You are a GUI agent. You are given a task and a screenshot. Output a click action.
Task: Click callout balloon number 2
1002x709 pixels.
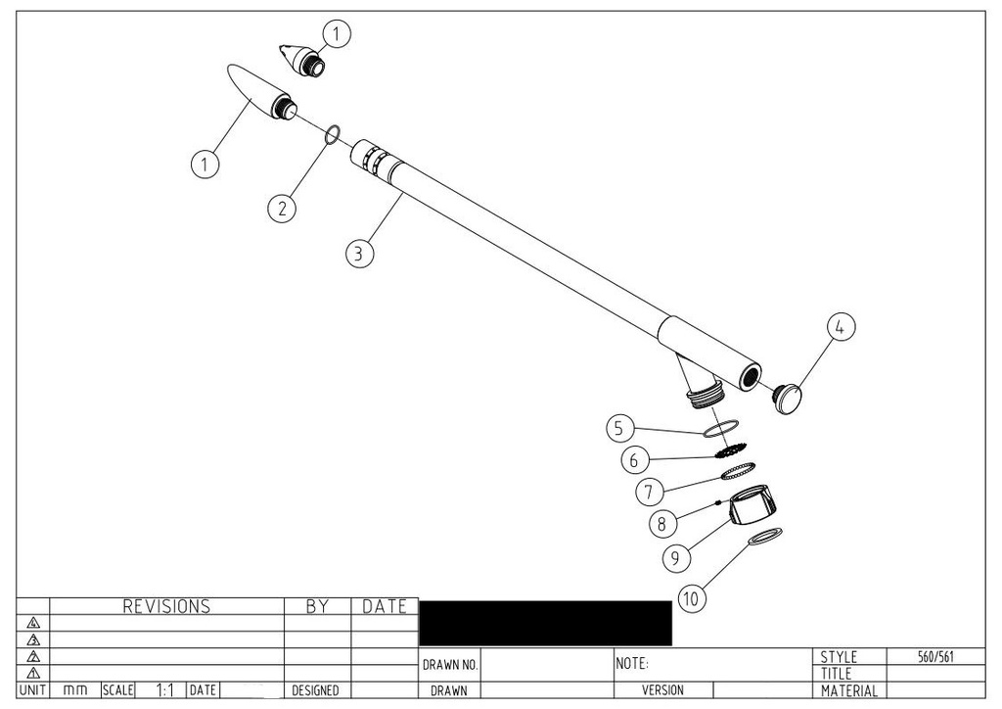pyautogui.click(x=282, y=208)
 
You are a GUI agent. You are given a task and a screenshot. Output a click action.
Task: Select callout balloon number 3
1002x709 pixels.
pyautogui.click(x=359, y=253)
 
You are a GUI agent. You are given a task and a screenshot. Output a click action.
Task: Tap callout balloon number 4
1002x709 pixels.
pyautogui.click(x=840, y=328)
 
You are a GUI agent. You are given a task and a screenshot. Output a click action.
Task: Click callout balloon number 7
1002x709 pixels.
pyautogui.click(x=648, y=490)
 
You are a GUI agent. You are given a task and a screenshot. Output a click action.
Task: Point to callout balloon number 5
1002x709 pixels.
pyautogui.click(x=618, y=428)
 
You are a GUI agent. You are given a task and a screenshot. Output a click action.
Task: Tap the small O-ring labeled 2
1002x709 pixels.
pyautogui.click(x=332, y=133)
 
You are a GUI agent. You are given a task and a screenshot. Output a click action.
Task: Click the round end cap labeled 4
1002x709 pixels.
pyautogui.click(x=789, y=397)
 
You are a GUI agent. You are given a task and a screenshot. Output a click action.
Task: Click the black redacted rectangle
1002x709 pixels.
pyautogui.click(x=545, y=623)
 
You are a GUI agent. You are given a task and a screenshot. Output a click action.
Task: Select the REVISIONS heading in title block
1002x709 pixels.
pyautogui.click(x=166, y=607)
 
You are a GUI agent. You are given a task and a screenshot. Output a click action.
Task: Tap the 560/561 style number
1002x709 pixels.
pyautogui.click(x=935, y=657)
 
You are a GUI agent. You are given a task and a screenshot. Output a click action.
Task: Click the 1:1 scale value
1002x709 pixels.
pyautogui.click(x=165, y=690)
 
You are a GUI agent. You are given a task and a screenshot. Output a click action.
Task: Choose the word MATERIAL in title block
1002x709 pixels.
pyautogui.click(x=850, y=691)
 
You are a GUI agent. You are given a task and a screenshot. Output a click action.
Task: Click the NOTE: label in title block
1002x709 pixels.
pyautogui.click(x=632, y=664)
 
